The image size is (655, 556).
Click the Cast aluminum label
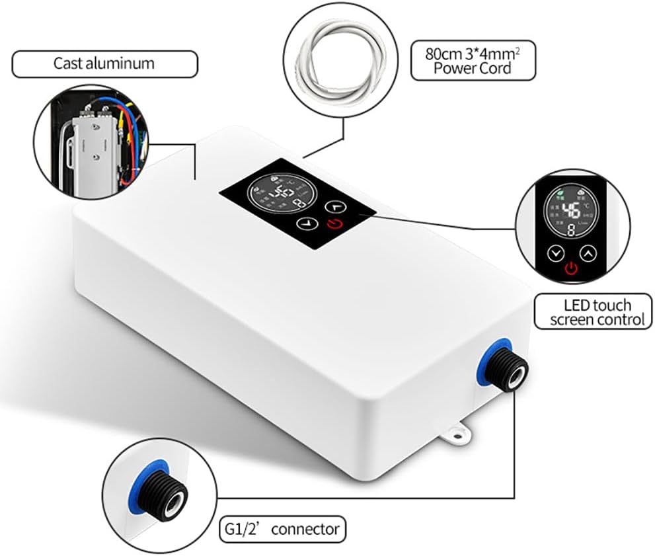point(104,64)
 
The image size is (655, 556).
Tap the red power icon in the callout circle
point(571,268)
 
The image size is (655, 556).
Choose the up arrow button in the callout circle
point(587,253)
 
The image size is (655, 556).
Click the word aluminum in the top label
point(123,64)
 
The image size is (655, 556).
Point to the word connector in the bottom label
point(305,529)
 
